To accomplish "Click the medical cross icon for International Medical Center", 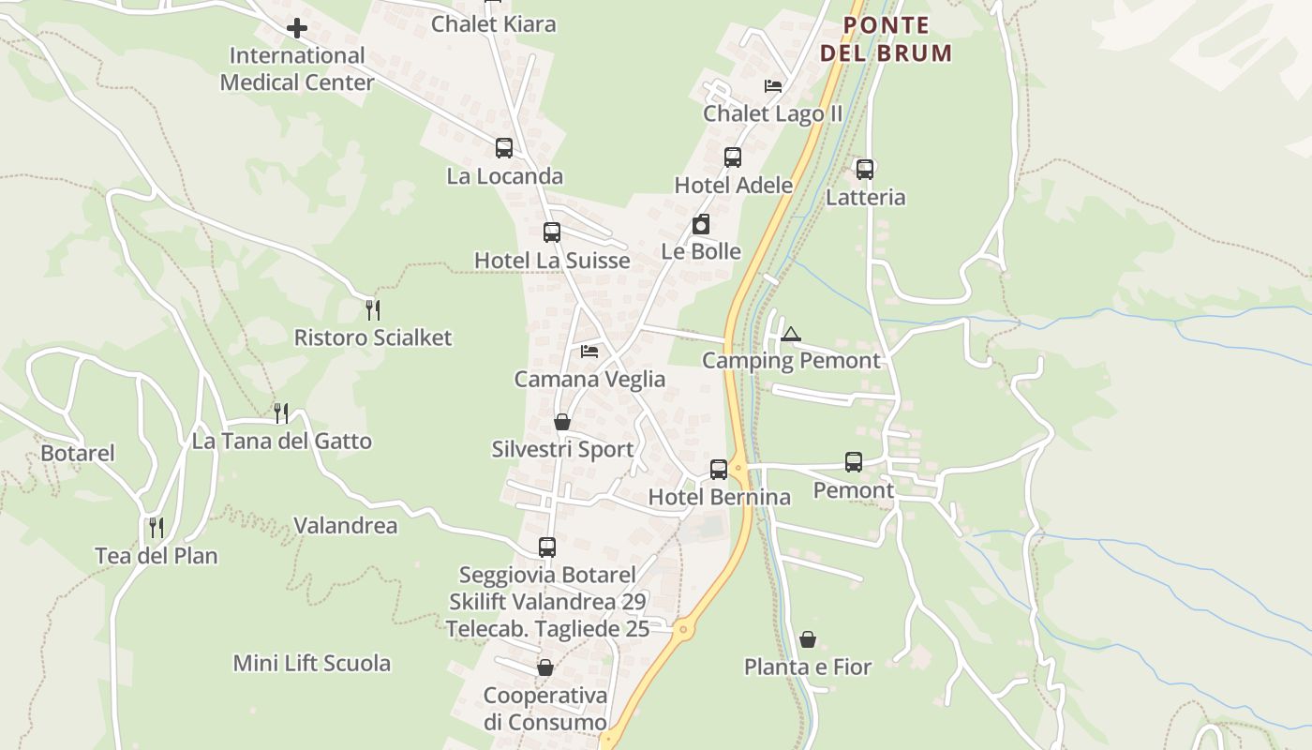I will coord(297,28).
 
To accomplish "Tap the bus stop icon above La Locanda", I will coord(504,148).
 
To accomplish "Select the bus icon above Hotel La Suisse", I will coord(552,232).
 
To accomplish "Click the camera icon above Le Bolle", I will coord(701,224).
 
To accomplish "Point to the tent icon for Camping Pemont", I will coord(791,334).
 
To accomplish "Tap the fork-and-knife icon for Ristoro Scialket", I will coord(373,309).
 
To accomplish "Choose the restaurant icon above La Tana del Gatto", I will coord(281,412).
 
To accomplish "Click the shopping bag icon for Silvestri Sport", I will coord(562,423).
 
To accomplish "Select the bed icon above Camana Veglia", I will coord(589,352).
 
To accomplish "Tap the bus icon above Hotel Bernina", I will coord(719,470).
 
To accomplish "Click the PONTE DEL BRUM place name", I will coord(887,39).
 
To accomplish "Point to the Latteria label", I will coord(865,198).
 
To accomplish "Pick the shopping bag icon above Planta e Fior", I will coord(808,639).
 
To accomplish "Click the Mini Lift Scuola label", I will coord(312,664).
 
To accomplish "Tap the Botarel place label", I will coord(78,454).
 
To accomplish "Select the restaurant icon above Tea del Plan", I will coord(157,528).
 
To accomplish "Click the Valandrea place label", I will coord(346,526).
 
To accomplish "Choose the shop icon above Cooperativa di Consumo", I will coord(545,667).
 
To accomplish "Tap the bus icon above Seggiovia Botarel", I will coord(547,547).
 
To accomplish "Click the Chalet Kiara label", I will coord(493,24).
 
